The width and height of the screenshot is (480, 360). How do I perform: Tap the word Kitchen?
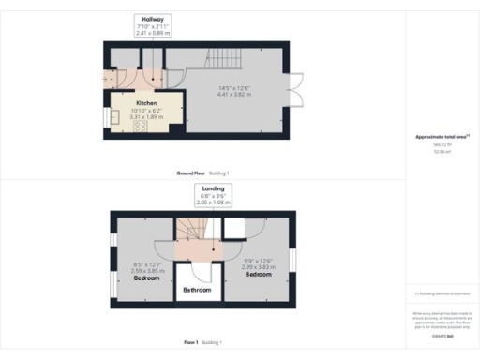(144, 104)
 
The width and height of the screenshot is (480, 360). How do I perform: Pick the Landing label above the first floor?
(211, 189)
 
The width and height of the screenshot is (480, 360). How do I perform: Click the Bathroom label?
(196, 291)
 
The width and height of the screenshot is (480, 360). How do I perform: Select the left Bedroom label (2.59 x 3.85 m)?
(146, 278)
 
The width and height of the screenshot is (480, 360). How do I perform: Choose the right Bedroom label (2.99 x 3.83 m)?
(258, 275)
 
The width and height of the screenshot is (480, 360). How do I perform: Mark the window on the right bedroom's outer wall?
(292, 258)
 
